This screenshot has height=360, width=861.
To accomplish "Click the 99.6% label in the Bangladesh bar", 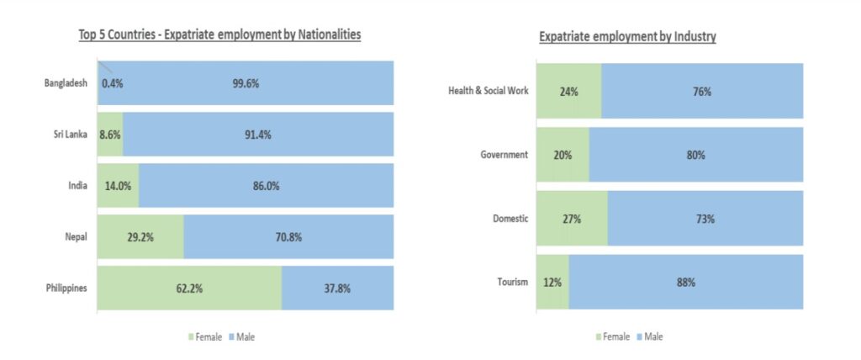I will [x=246, y=83].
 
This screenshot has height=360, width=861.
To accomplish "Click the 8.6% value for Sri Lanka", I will [x=110, y=135].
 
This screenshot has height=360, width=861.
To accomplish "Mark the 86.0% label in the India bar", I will [x=266, y=186].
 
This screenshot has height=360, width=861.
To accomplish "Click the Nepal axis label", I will [x=77, y=237].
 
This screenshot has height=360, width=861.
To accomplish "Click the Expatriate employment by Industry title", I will [x=627, y=37].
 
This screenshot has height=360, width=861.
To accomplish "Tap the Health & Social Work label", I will [x=489, y=91].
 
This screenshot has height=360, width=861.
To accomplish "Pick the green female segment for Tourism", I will [x=552, y=283].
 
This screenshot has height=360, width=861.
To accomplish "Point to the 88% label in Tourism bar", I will [x=686, y=283].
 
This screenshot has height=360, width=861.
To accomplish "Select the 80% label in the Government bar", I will [x=695, y=155].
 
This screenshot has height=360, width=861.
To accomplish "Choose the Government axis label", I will [x=504, y=155].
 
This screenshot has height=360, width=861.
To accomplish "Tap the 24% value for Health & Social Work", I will [x=568, y=92].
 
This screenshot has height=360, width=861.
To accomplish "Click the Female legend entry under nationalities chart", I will [x=204, y=337].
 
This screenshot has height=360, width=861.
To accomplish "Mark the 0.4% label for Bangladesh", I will [x=113, y=83].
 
